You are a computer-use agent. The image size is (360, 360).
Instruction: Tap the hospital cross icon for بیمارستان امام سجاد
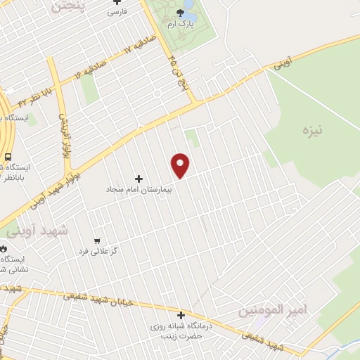tap(138, 179)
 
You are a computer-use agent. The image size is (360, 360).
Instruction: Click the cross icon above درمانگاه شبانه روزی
tap(181, 316)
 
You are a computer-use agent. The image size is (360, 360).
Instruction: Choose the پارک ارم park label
tap(180, 24)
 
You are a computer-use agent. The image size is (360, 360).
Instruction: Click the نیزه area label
tap(311, 131)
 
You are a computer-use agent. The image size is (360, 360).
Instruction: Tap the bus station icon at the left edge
tap(8, 157)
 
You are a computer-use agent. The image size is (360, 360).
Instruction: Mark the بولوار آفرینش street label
tap(62, 131)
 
